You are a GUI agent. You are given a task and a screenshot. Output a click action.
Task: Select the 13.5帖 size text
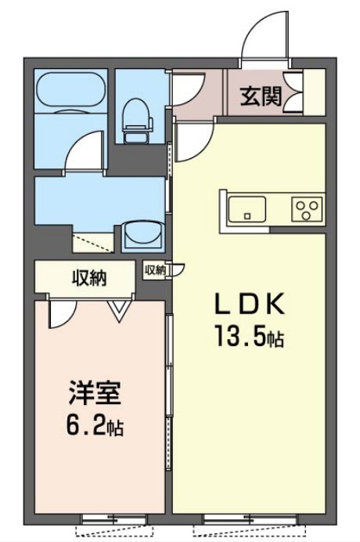pyautogui.click(x=249, y=338)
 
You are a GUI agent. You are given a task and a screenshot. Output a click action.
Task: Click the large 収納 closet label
pyautogui.click(x=90, y=277)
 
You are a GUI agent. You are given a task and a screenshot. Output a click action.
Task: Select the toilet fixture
pyautogui.click(x=138, y=114)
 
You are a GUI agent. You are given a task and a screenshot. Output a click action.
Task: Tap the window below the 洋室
pyautogui.click(x=113, y=519)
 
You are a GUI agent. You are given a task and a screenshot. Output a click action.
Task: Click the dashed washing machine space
pyautogui.click(x=92, y=241)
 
